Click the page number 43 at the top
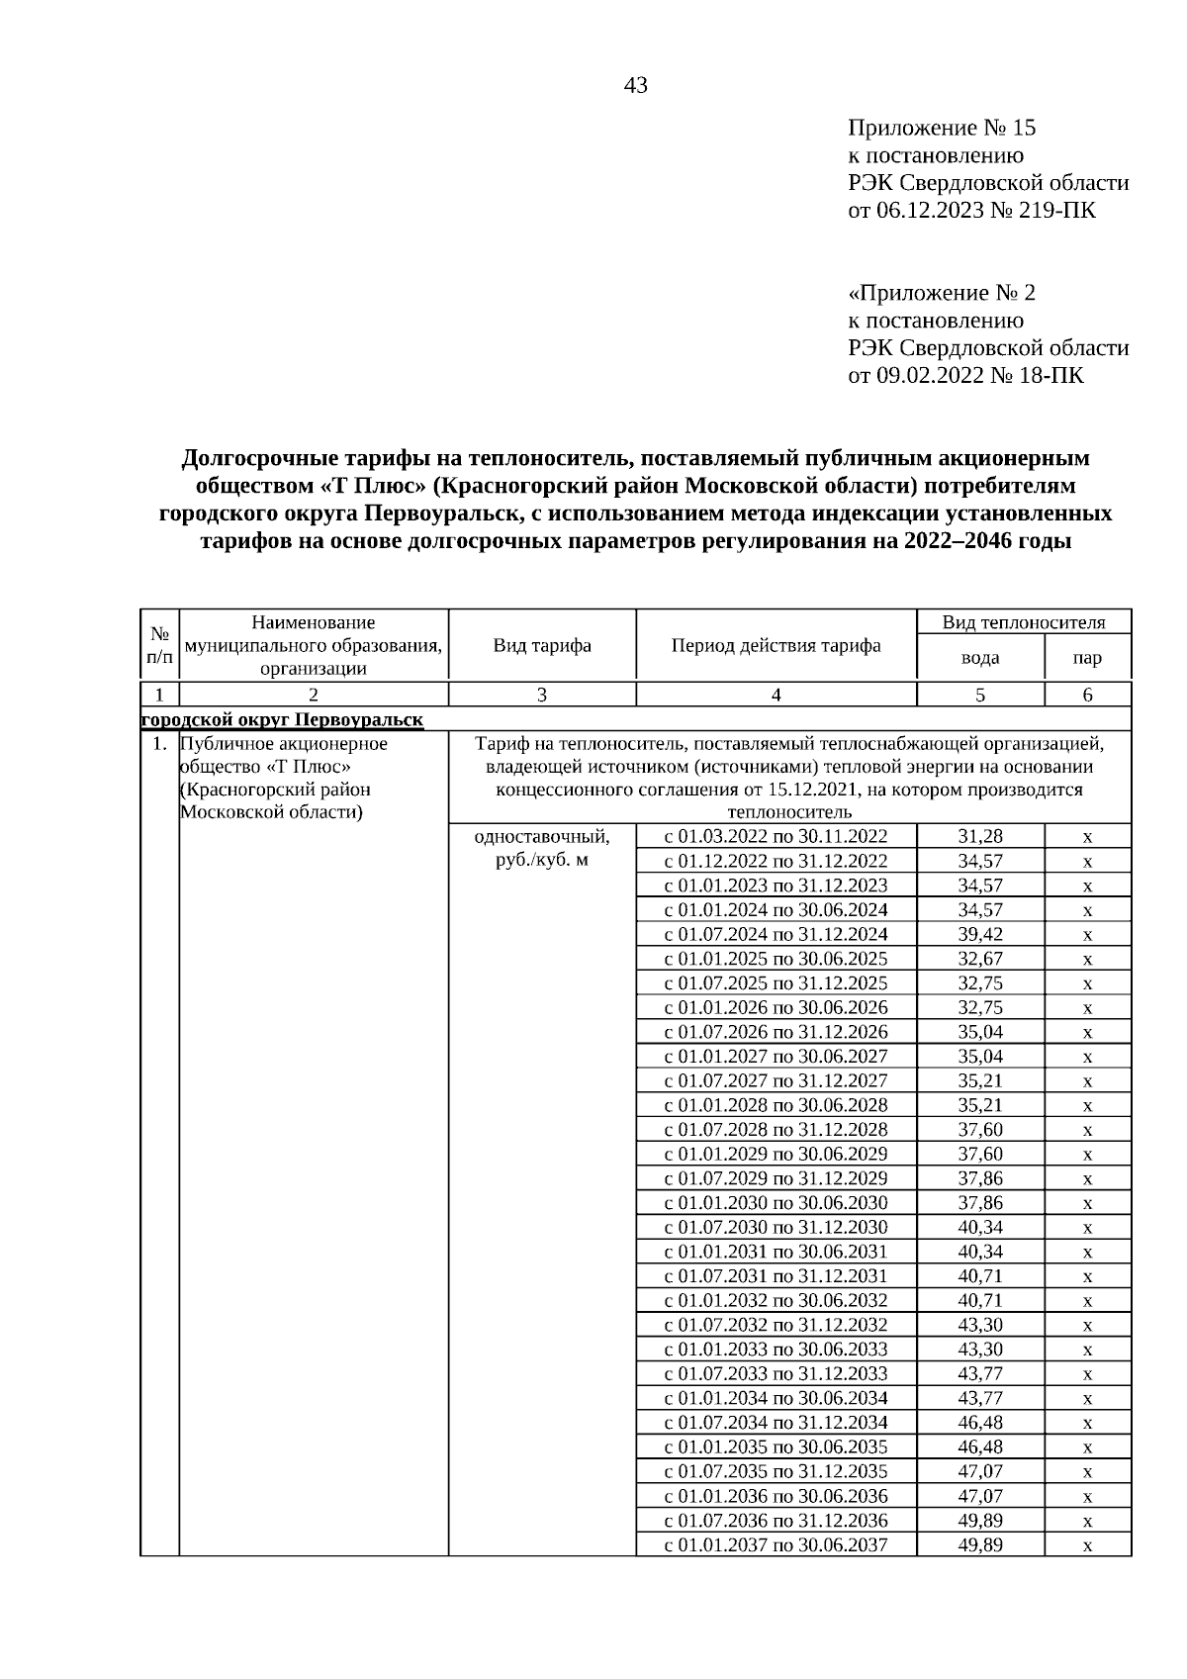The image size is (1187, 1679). tap(636, 86)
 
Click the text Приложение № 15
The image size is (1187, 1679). tap(941, 128)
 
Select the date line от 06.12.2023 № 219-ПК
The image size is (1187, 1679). tap(971, 210)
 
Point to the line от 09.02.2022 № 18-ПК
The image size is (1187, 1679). tap(965, 375)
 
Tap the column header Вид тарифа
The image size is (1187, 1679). tap(542, 646)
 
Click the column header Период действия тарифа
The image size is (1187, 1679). tap(776, 646)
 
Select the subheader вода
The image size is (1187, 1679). tap(979, 658)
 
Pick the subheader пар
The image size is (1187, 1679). tap(1087, 658)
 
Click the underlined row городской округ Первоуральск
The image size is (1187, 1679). tap(283, 719)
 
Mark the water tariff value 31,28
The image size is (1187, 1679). tap(979, 837)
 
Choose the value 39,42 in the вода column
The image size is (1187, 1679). tap(979, 934)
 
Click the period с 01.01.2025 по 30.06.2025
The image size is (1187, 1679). tap(776, 959)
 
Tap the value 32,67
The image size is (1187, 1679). tap(979, 959)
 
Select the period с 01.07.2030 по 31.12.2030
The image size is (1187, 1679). tap(776, 1227)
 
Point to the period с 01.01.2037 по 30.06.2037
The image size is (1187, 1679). tap(776, 1544)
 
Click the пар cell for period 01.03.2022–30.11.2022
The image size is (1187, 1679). tap(1087, 837)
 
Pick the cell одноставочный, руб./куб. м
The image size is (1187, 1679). tap(542, 848)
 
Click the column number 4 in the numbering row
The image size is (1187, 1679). tap(776, 695)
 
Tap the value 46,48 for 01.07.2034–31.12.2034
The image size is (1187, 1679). tap(979, 1422)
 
